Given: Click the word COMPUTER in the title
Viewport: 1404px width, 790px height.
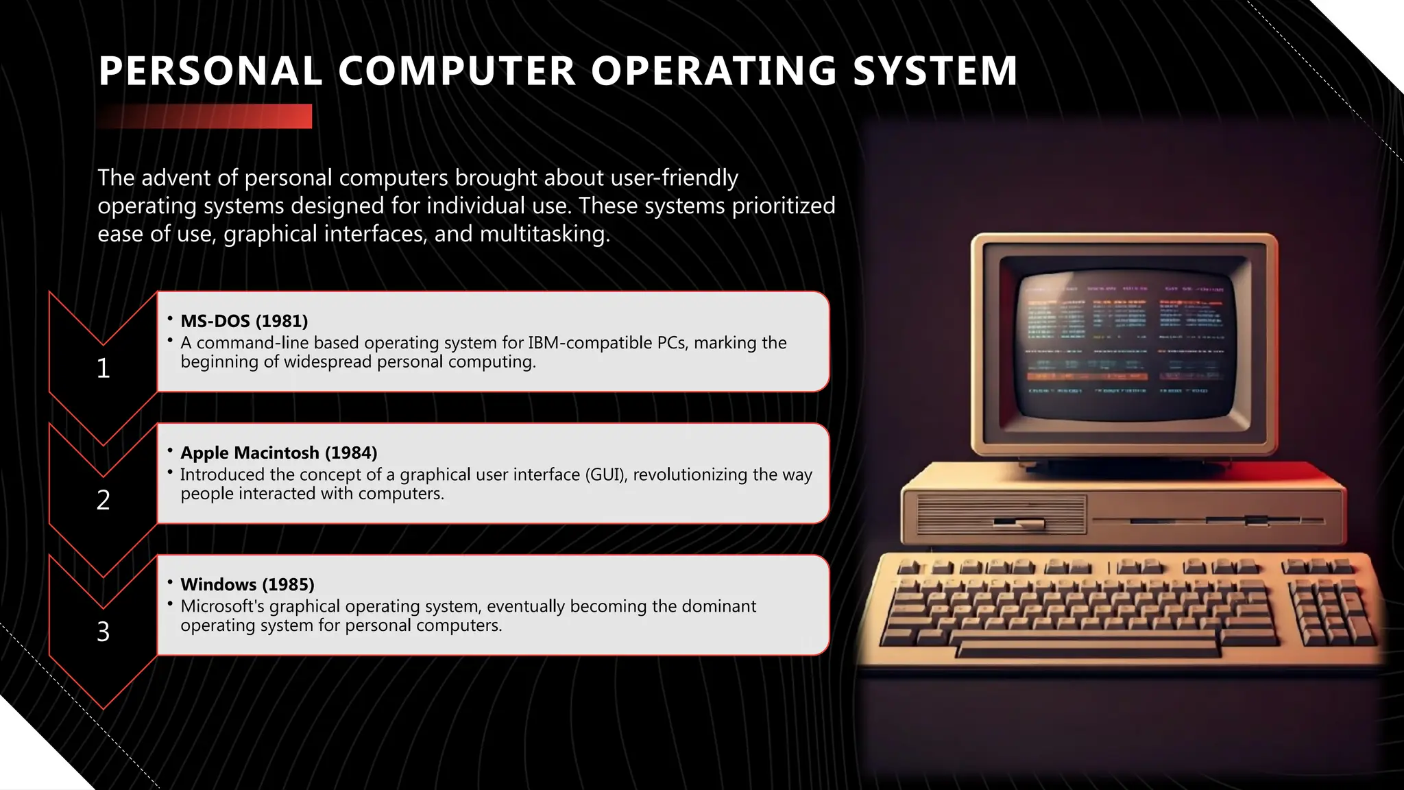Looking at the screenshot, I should click(x=456, y=71).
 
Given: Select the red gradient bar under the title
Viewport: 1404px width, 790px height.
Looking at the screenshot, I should click(x=204, y=116).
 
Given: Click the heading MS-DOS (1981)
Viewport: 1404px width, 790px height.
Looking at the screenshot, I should click(x=244, y=321).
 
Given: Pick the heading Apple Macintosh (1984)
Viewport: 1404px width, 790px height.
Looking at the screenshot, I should click(x=278, y=453).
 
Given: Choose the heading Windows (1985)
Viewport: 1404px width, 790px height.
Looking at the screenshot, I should click(x=247, y=584).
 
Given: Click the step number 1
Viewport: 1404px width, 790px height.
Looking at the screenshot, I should click(x=104, y=368).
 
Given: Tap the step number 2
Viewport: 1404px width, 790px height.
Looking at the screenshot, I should click(x=104, y=500).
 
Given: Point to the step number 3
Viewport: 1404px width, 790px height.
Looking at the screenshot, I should click(x=104, y=632).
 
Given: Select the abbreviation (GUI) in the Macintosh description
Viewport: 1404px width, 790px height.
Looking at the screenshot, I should click(x=605, y=475).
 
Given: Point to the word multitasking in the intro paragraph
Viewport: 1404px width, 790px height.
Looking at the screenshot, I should click(x=544, y=234).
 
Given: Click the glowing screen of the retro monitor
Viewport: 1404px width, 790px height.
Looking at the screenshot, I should click(x=1123, y=343).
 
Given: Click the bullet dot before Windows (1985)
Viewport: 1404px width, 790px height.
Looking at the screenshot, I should click(x=169, y=583).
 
